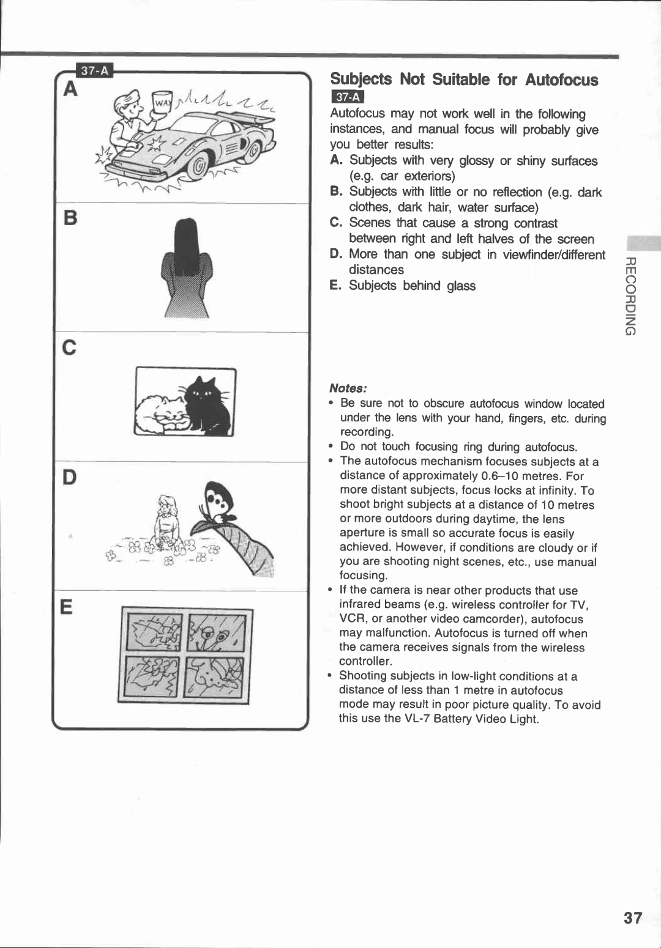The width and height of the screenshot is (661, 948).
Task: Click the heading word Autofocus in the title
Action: coord(561,80)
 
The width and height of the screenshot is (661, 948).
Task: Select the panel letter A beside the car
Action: coord(71,90)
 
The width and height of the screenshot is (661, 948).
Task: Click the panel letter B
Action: coord(70,218)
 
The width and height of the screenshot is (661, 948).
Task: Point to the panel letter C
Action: coord(70,347)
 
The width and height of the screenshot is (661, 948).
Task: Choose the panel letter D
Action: coord(70,477)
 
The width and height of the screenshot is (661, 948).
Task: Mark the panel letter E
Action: coord(67,607)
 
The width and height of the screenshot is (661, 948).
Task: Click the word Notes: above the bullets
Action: coord(348,388)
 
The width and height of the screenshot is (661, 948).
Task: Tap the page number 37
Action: coord(633,917)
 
